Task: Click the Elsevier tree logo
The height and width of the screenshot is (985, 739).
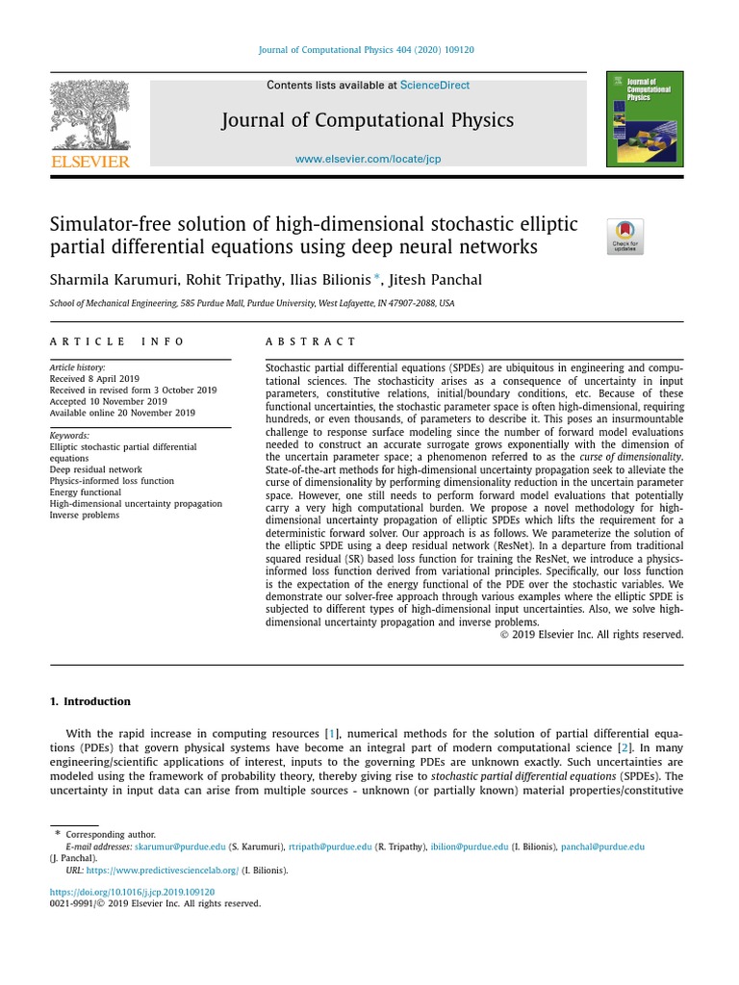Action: [x=89, y=114]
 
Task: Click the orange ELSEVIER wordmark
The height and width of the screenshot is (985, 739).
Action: [x=89, y=162]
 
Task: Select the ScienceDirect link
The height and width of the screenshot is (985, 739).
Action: [x=435, y=86]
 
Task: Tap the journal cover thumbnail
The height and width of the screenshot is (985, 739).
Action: [x=645, y=118]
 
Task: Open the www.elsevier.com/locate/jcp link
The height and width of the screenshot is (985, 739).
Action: [x=368, y=159]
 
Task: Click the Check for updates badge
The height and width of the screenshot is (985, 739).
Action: [x=624, y=237]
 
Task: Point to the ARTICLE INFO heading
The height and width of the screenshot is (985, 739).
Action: [x=117, y=341]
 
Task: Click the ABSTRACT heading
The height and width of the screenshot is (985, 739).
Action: [x=310, y=341]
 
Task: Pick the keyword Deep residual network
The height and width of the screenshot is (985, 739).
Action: [x=95, y=469]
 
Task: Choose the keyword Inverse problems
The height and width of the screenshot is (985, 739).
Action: [x=85, y=515]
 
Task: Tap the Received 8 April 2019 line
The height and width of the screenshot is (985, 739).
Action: [x=94, y=379]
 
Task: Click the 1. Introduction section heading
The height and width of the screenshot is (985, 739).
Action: [x=89, y=701]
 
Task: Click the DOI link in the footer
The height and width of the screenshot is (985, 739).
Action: [x=132, y=892]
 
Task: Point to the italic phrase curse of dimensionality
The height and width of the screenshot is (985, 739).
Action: [x=630, y=457]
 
